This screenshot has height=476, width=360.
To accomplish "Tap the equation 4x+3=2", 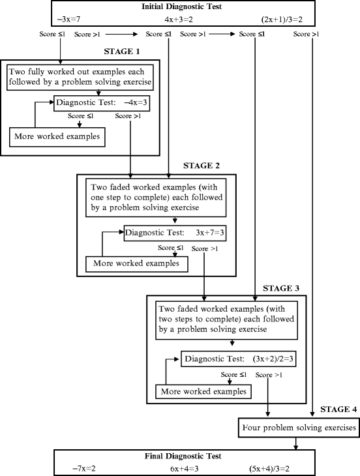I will coord(179,19).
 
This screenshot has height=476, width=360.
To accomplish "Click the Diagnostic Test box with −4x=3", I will coord(99,102).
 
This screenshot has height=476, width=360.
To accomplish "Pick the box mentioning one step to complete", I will coord(155,199).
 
